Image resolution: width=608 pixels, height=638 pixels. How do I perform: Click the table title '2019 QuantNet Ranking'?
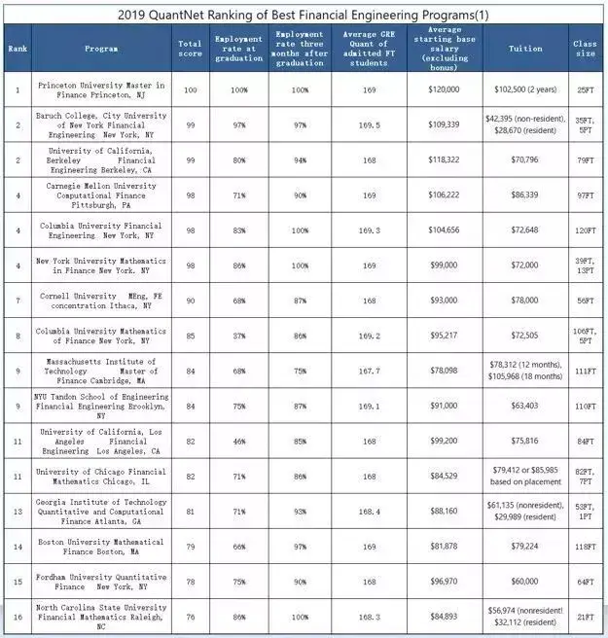click(304, 15)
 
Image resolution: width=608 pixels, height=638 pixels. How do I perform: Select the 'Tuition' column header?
click(526, 49)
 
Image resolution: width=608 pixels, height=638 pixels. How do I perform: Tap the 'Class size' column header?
click(585, 49)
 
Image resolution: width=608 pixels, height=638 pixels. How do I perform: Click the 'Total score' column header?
click(190, 49)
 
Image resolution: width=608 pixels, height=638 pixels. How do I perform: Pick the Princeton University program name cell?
click(101, 89)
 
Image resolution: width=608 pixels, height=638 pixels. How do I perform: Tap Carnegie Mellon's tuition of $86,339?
click(526, 195)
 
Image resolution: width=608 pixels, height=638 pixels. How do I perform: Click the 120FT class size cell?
click(585, 230)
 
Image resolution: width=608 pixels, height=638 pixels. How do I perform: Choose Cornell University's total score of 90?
click(190, 301)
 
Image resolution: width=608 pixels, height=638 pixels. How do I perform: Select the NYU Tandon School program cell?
click(101, 406)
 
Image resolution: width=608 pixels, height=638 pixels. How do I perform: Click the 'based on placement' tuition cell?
click(526, 476)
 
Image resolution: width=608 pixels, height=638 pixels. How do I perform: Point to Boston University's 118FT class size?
click(585, 546)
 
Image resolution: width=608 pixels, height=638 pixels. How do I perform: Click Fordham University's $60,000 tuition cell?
click(526, 581)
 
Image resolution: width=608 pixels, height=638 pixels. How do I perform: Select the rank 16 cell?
click(17, 616)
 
